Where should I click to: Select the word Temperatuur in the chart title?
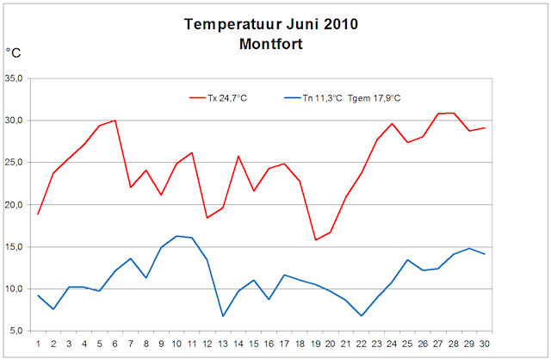coord(227,24)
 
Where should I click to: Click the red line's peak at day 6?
coord(115,121)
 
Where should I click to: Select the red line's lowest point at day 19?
coord(316,239)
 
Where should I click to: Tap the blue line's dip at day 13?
coord(223,316)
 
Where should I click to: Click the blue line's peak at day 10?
coord(176,236)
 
